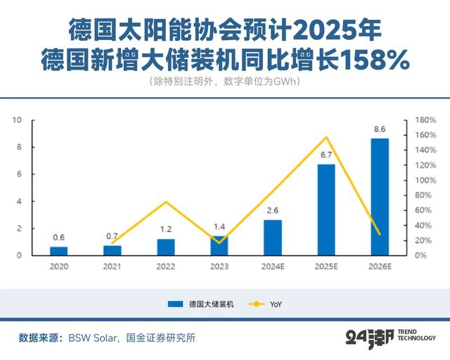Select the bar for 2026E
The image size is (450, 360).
(380, 196)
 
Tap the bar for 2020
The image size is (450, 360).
(59, 250)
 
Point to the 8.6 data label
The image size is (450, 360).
(380, 129)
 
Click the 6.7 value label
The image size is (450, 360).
(326, 155)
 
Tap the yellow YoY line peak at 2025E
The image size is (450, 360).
(326, 137)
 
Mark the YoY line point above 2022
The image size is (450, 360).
(166, 202)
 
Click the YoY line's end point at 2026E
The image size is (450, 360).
(380, 234)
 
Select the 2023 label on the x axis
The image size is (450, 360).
(219, 266)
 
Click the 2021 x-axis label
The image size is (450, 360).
(112, 266)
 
